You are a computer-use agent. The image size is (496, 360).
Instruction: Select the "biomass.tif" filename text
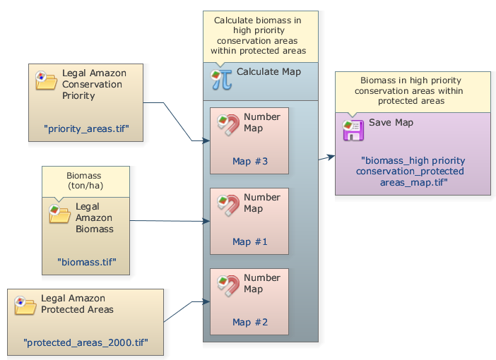86,262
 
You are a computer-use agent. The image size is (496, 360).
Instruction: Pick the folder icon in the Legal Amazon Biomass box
59,213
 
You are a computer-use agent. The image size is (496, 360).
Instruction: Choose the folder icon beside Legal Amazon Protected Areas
25,305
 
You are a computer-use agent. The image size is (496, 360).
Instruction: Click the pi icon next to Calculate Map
221,78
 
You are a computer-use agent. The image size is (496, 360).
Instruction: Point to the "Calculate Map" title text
268,72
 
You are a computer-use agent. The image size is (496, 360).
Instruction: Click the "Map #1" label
250,242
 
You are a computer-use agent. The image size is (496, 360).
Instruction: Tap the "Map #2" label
250,323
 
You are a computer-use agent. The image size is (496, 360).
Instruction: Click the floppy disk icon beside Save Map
353,130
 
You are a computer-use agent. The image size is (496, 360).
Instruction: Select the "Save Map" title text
391,123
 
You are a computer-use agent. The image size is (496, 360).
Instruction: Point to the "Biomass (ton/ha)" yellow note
85,181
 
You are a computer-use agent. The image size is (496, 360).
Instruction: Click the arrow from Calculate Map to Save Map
326,157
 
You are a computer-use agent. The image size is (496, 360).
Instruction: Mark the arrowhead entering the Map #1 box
207,222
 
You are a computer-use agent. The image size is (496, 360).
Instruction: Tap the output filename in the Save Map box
412,172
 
